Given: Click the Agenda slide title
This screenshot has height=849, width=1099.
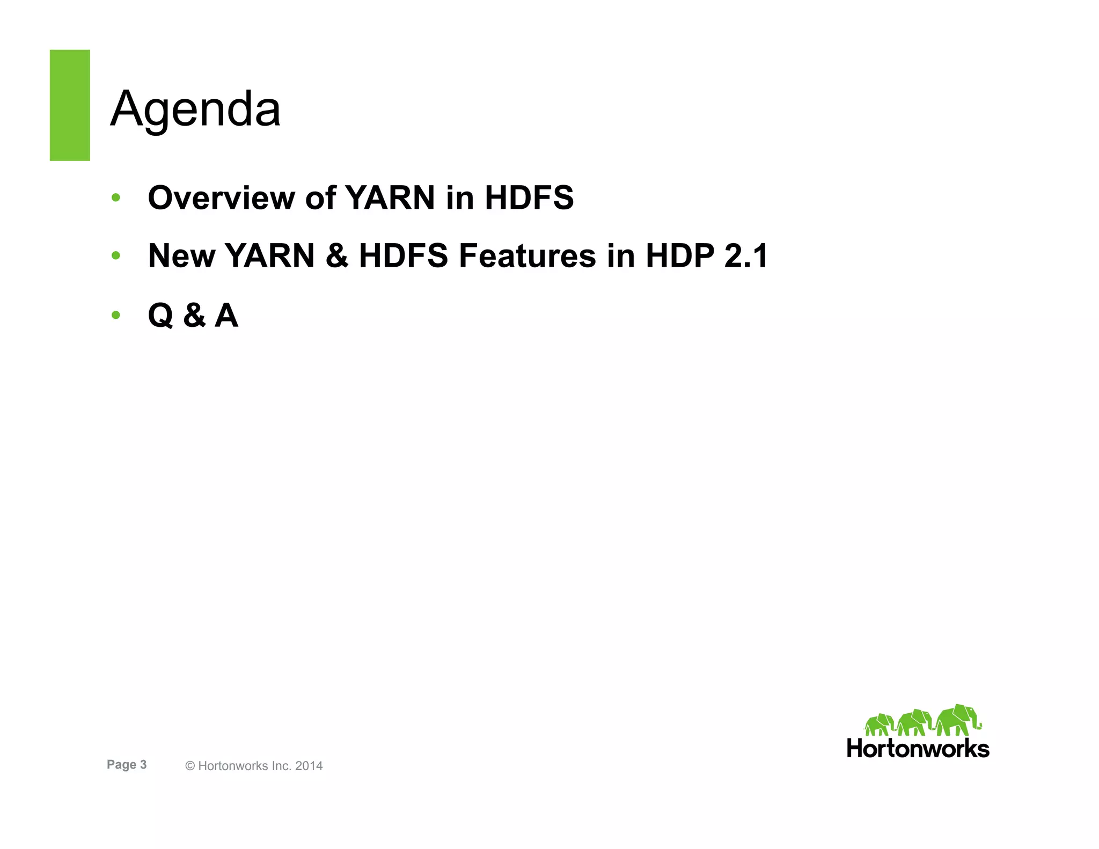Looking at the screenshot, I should click(195, 109).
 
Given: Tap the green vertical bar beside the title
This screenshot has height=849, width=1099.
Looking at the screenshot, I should click(70, 105).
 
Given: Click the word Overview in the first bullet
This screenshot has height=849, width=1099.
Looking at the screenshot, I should click(221, 197).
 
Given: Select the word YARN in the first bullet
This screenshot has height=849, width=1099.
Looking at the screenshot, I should click(390, 197).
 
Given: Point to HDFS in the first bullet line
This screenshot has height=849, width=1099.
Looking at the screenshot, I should click(529, 197).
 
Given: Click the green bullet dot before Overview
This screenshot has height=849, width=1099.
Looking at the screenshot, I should click(115, 197).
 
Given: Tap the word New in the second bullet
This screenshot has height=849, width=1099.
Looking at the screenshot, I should click(181, 255).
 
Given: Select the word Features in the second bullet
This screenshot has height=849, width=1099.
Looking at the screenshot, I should click(527, 255).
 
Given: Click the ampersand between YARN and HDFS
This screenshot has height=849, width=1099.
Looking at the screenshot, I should click(336, 255).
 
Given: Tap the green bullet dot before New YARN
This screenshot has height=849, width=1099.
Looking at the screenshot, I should click(115, 255).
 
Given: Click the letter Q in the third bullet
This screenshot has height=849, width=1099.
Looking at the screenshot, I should click(160, 315).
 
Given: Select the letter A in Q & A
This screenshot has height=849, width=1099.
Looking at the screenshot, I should click(226, 315).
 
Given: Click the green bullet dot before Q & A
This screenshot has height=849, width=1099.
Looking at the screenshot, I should click(115, 315).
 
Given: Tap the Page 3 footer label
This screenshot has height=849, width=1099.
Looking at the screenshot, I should click(127, 765).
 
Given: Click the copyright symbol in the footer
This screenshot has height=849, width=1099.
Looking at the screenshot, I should click(190, 766).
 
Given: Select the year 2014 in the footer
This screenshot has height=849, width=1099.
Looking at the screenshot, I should click(309, 766).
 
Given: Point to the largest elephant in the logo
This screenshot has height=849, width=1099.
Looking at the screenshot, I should click(958, 721).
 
